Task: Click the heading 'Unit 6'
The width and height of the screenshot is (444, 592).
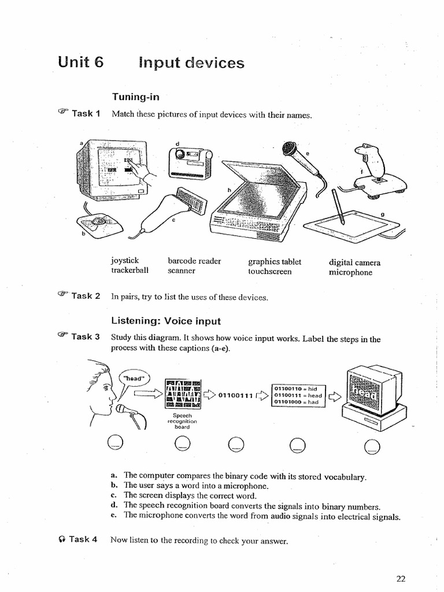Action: (80, 62)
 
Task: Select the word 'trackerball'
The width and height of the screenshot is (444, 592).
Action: (129, 271)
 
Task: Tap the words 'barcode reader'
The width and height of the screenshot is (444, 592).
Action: (194, 261)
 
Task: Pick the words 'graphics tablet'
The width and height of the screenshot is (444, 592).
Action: (275, 261)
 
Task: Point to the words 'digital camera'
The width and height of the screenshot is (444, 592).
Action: (354, 262)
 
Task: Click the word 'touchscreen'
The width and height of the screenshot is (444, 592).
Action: (269, 271)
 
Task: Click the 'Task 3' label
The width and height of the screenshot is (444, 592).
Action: (86, 336)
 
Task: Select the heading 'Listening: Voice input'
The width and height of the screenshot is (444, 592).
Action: (165, 320)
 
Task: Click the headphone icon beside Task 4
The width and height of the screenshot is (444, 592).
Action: (62, 539)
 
